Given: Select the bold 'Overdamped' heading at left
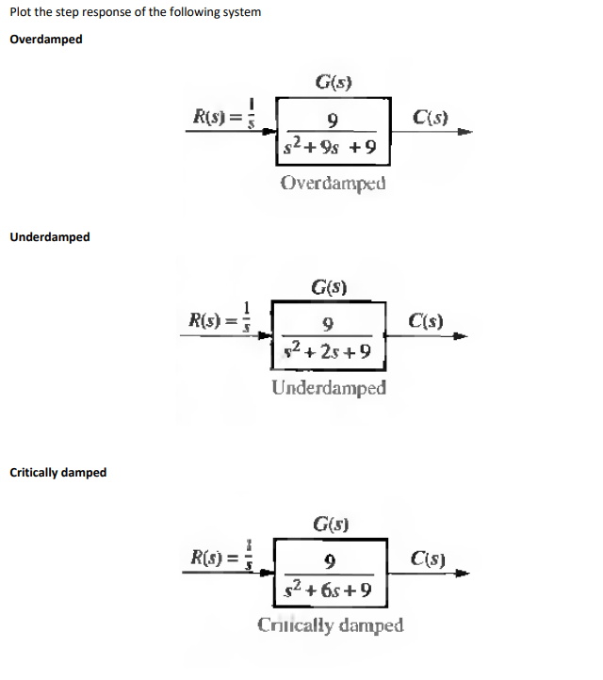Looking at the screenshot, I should [46, 40].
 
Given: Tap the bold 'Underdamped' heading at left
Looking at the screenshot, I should [50, 236].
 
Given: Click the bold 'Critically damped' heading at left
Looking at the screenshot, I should [58, 472].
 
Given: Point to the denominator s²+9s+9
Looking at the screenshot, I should [330, 147].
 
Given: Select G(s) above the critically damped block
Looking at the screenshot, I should [330, 525].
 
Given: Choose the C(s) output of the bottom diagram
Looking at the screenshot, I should [429, 556].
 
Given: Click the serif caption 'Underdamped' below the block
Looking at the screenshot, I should [329, 387].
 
